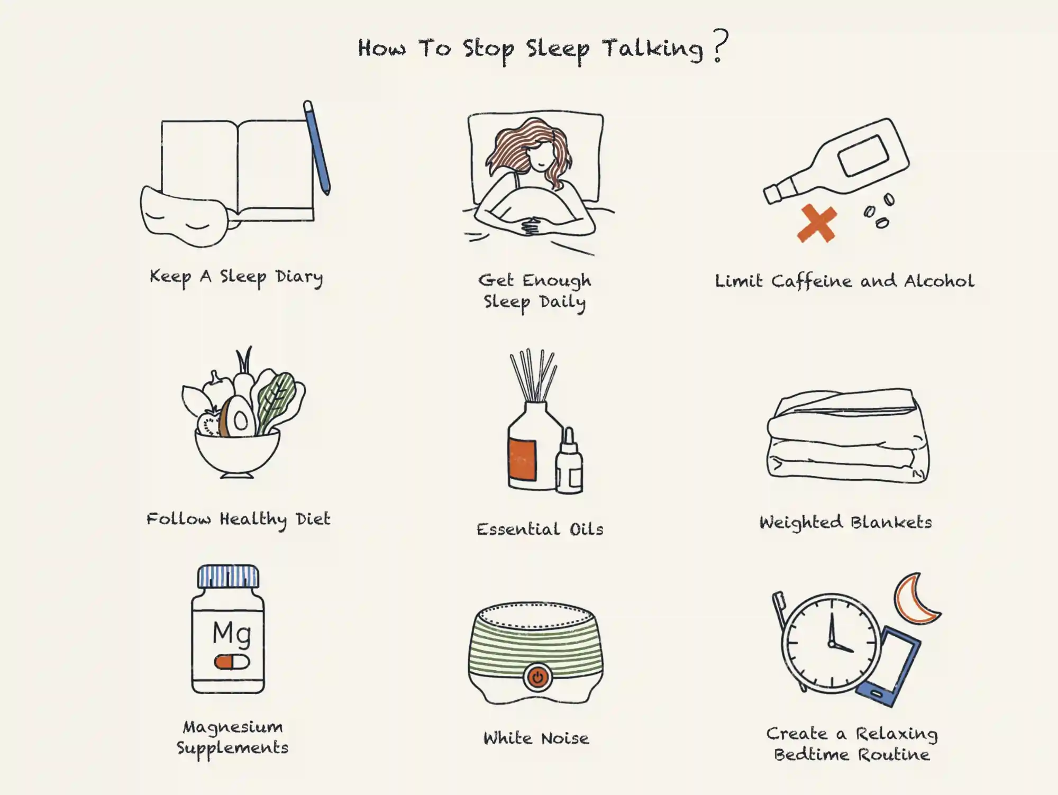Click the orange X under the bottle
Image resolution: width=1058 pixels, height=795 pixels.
point(817,223)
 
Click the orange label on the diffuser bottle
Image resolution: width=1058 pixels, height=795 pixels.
point(522,460)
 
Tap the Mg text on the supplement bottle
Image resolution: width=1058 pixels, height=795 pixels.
point(231,633)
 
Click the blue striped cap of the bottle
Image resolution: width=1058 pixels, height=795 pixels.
point(229,576)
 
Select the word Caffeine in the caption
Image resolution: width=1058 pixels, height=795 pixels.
point(811,281)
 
